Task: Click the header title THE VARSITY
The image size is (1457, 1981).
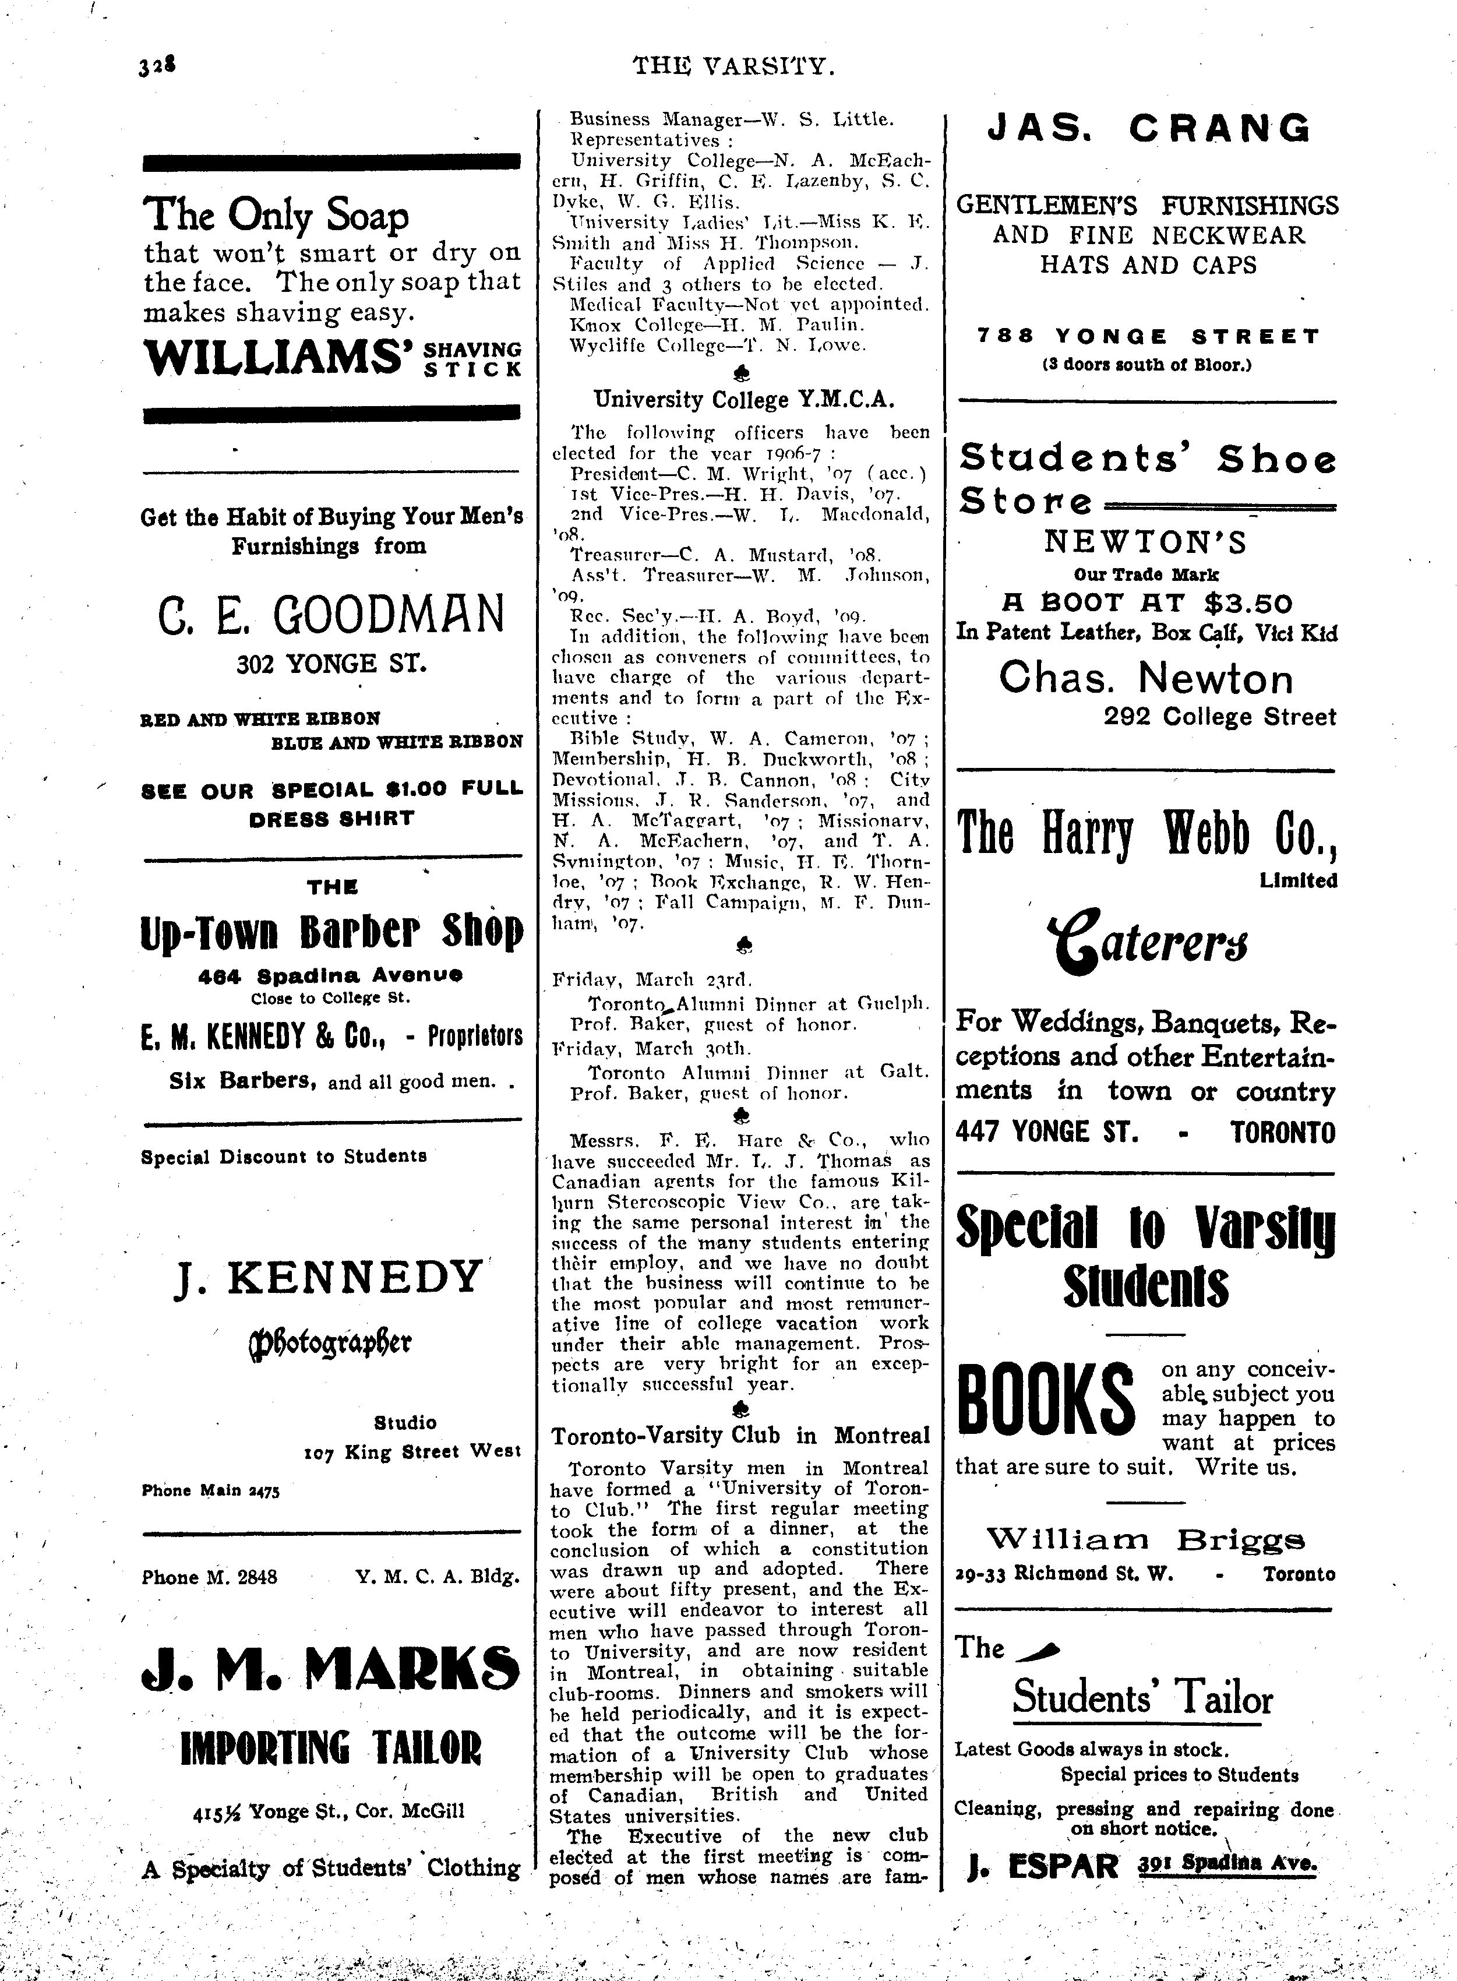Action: pyautogui.click(x=734, y=65)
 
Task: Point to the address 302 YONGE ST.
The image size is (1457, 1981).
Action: pyautogui.click(x=331, y=663)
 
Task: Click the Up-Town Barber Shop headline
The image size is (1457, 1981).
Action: pyautogui.click(x=331, y=932)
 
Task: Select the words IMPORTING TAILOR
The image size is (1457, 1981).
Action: pyautogui.click(x=331, y=1747)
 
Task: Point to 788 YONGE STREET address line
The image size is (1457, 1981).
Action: pyautogui.click(x=1148, y=336)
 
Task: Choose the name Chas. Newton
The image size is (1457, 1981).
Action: pyautogui.click(x=1146, y=678)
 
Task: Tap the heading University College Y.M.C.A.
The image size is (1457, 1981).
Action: pyautogui.click(x=743, y=400)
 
